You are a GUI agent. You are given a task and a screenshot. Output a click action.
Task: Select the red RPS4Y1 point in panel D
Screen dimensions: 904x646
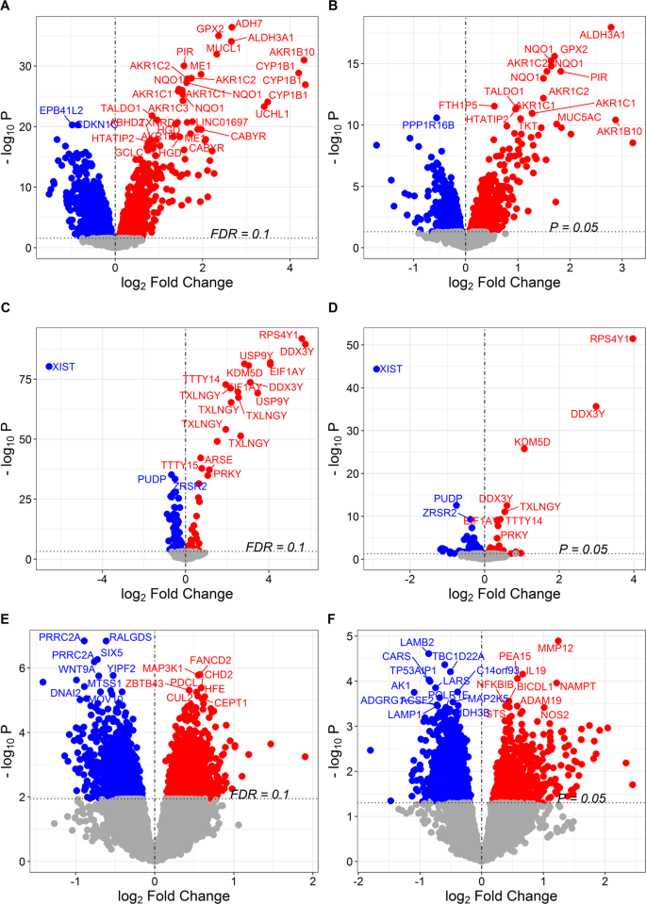[x=632, y=338]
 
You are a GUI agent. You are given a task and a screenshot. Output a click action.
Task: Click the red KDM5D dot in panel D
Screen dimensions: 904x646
[x=524, y=449]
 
